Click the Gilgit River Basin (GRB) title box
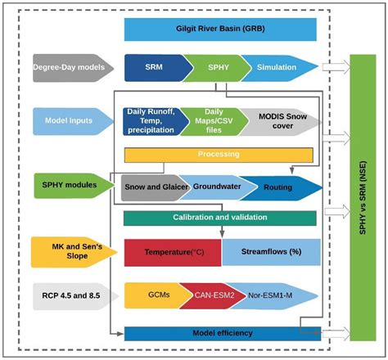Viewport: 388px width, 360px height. pos(219,30)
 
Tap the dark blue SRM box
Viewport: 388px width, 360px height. pos(153,67)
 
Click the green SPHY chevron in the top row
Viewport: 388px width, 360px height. pos(214,67)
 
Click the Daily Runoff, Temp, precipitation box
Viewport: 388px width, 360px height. pos(152,120)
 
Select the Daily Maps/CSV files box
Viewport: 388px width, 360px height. pos(214,120)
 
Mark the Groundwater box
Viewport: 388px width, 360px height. pos(214,187)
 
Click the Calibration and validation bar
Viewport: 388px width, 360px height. pos(219,217)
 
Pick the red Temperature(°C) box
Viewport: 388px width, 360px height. pos(173,252)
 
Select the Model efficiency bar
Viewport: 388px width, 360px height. pos(219,333)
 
